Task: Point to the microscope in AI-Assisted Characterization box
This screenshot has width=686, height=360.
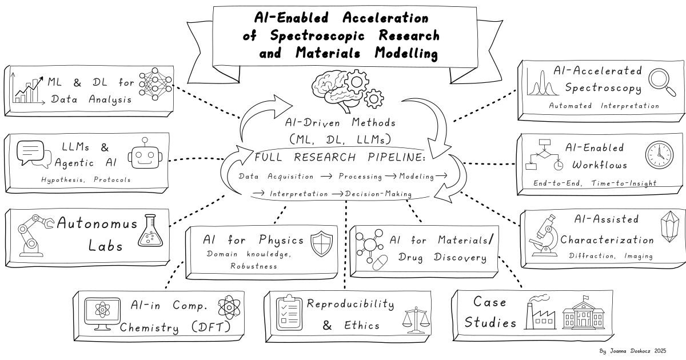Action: coord(543,234)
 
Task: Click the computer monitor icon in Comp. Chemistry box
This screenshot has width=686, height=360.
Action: coord(100,314)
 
